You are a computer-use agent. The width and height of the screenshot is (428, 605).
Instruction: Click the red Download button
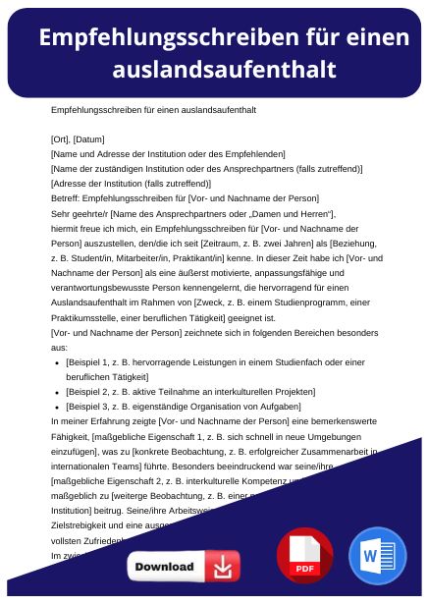point(183,568)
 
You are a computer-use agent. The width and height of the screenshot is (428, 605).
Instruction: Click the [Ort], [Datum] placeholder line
point(78,138)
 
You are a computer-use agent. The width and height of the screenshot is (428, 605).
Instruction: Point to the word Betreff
point(65,199)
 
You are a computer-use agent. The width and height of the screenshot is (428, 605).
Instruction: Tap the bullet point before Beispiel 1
point(58,362)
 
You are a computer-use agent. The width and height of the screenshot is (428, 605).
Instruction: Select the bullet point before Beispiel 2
point(58,392)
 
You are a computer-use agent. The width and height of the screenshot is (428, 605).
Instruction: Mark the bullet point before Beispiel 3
point(58,406)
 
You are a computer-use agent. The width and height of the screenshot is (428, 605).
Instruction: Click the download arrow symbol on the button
point(225,568)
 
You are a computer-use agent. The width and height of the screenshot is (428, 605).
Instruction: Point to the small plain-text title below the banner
point(152,109)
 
